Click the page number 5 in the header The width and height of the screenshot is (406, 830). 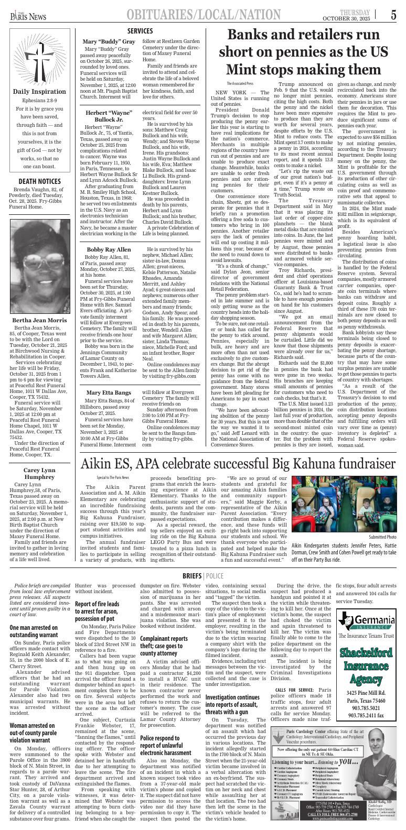(x=393, y=15)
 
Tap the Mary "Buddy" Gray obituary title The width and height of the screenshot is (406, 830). (x=109, y=41)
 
